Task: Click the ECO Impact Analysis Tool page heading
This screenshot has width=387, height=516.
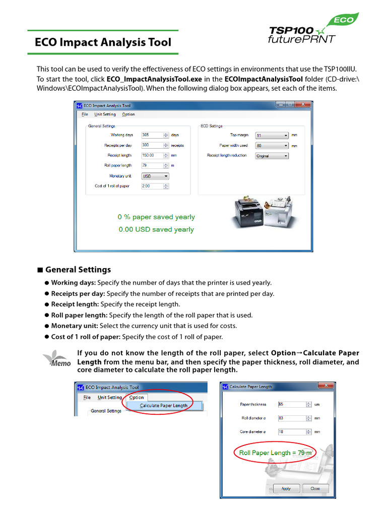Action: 103,42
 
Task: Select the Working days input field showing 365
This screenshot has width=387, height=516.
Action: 152,135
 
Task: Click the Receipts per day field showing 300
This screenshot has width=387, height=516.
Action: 152,145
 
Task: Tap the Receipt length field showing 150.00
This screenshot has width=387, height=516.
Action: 152,155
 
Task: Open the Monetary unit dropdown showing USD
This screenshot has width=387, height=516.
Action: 155,176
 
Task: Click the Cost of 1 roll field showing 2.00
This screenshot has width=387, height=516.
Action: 152,186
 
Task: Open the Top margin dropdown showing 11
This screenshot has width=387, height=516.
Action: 272,136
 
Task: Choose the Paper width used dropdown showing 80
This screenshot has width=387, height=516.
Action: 272,146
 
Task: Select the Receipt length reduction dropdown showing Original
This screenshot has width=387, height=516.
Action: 272,156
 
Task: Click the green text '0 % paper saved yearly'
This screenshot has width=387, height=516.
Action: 156,217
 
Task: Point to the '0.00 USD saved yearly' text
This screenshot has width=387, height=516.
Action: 156,230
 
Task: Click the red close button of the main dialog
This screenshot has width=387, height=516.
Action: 302,105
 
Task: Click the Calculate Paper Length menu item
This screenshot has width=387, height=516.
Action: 164,406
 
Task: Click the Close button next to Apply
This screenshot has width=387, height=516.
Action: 315,488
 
